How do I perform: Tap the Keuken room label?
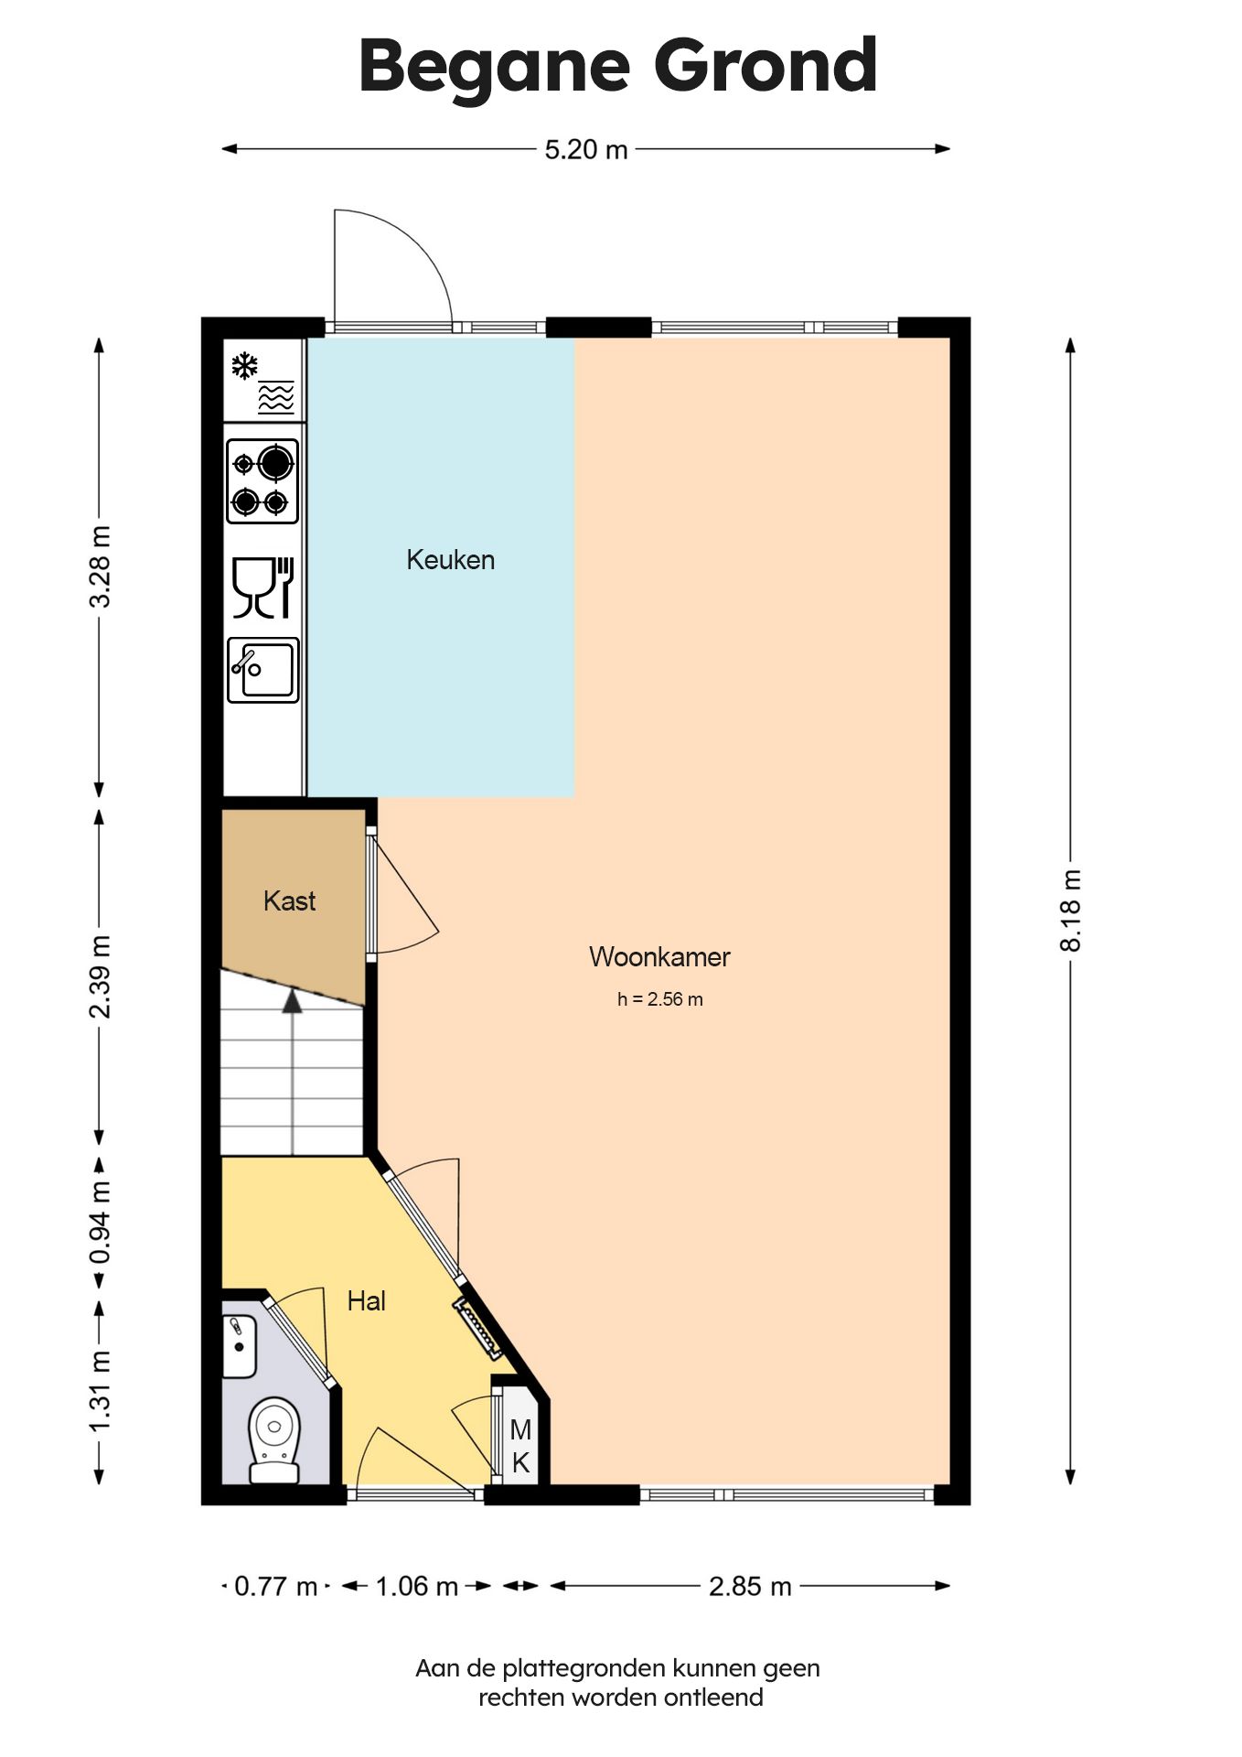(x=451, y=559)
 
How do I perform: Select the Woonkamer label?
(x=659, y=956)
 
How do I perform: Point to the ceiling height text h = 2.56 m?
(x=659, y=999)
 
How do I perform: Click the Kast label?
(x=289, y=900)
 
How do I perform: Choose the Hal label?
(x=366, y=1300)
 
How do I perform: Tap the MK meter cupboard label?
(x=520, y=1446)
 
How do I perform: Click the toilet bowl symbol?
(x=274, y=1439)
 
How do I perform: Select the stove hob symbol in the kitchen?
(x=262, y=481)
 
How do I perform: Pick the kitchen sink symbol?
(x=262, y=670)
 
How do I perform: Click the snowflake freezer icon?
(x=244, y=366)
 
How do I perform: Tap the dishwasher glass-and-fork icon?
(x=262, y=587)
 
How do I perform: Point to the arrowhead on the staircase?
(x=292, y=1000)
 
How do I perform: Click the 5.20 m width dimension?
(x=586, y=149)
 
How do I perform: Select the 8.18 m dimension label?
(x=1070, y=911)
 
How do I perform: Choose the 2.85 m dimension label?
(x=750, y=1586)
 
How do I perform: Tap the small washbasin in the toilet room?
(x=240, y=1346)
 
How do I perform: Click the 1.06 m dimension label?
(x=417, y=1586)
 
